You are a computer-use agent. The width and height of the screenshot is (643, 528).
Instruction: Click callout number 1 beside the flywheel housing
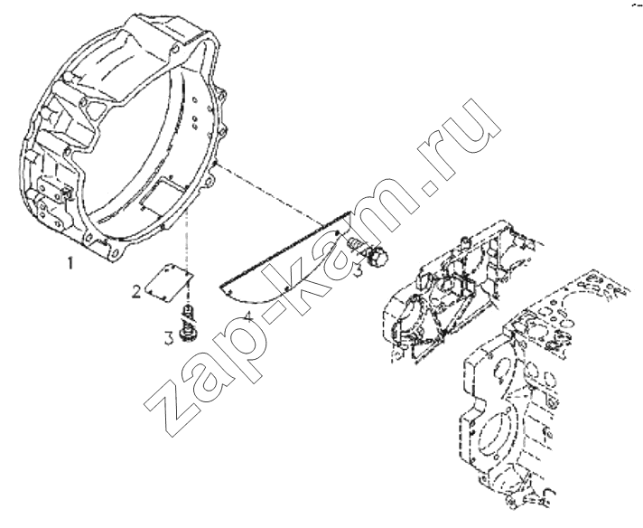click(x=70, y=263)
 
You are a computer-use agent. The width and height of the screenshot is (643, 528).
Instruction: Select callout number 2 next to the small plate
click(x=136, y=291)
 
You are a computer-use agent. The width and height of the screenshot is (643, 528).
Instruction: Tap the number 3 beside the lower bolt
click(x=169, y=339)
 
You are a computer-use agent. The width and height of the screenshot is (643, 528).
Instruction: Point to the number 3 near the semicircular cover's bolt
click(x=358, y=271)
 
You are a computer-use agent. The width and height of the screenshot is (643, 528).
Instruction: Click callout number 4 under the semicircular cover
click(x=248, y=317)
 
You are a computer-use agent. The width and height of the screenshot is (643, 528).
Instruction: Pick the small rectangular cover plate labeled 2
click(x=169, y=281)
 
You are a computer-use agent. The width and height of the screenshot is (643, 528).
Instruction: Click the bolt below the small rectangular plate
click(x=189, y=324)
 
